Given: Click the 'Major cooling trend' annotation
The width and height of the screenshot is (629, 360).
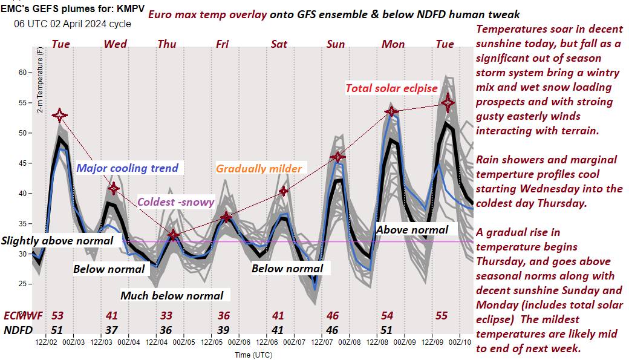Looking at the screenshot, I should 128,168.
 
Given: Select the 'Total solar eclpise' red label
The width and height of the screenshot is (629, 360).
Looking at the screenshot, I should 391,88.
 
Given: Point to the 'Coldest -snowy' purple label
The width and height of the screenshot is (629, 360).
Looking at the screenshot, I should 176,202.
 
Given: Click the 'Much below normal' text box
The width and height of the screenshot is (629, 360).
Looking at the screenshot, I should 172,295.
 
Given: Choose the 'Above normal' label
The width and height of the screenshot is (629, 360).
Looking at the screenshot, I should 412,229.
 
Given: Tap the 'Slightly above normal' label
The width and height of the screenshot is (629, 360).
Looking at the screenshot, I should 57,241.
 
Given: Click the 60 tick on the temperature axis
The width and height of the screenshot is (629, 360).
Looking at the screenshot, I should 24,73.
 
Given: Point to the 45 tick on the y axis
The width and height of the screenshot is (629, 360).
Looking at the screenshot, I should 24,163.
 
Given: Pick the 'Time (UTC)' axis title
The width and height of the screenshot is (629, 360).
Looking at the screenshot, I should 253,355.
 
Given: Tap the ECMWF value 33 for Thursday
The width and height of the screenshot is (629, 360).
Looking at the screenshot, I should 166,316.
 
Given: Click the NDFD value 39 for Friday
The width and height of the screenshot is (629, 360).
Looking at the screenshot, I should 223,330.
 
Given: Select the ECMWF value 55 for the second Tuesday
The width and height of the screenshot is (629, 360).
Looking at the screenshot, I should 442,316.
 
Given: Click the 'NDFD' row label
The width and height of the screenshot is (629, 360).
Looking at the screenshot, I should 18,330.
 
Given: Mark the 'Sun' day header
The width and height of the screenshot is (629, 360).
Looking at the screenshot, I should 336,44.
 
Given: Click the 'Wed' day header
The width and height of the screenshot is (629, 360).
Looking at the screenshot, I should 115,44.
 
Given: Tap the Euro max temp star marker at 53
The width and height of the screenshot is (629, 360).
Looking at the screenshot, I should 59,115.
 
